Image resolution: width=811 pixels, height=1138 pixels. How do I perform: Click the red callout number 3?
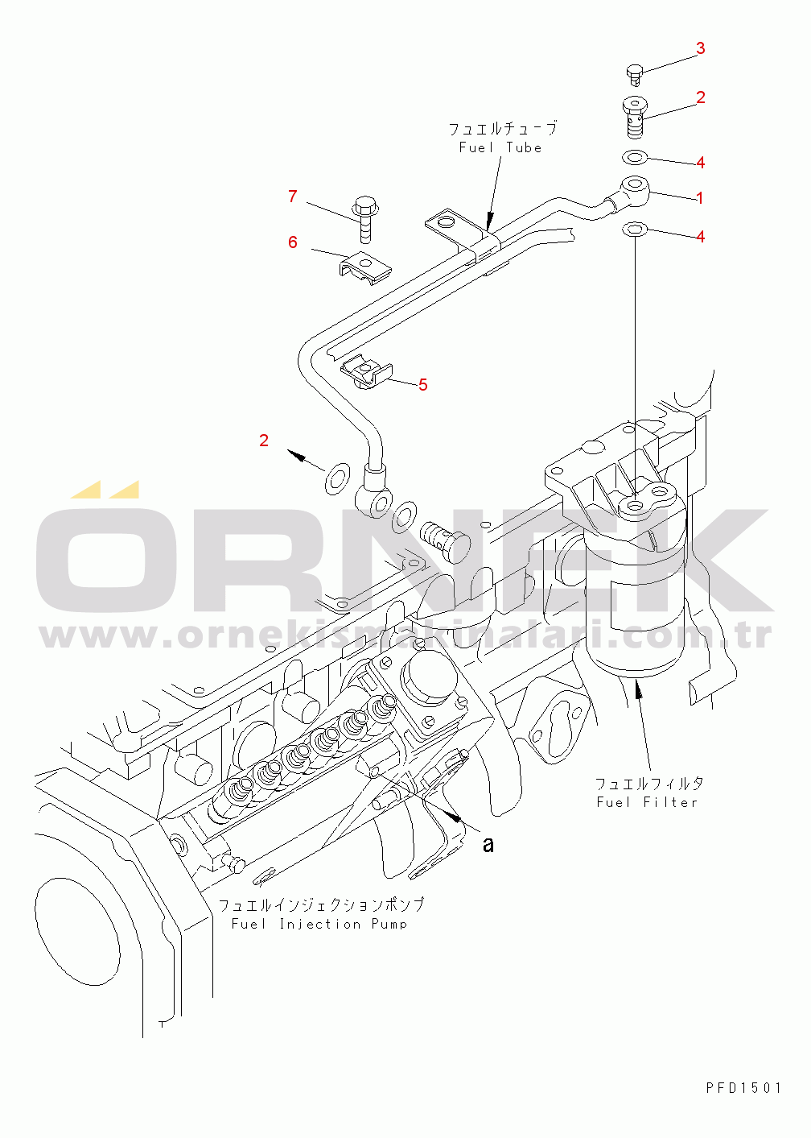[700, 48]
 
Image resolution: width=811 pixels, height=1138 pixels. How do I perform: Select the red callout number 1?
[700, 198]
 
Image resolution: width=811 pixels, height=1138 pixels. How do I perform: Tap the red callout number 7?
[293, 197]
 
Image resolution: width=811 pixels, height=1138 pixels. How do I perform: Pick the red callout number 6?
[293, 242]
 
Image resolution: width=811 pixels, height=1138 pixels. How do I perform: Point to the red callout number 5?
[423, 385]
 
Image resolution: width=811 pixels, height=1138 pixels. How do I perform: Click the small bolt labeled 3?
[634, 74]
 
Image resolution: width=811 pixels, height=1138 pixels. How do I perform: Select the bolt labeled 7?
[363, 217]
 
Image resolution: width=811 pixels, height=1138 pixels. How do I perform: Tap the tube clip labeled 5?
[367, 373]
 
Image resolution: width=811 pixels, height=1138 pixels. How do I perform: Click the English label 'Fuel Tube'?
[500, 148]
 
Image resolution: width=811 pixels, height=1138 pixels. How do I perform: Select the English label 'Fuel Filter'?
[647, 802]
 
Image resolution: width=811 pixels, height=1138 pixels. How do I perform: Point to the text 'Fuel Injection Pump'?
[319, 925]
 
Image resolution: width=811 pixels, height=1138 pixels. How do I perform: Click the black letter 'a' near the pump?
[488, 845]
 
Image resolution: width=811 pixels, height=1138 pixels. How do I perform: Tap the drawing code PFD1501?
[743, 1088]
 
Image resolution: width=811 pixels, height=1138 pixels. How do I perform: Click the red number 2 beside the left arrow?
[264, 441]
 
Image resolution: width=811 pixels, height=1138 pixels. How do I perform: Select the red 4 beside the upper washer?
[700, 163]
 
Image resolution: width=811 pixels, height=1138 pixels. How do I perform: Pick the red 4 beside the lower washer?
[700, 238]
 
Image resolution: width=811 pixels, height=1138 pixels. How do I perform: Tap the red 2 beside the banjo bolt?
[700, 97]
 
